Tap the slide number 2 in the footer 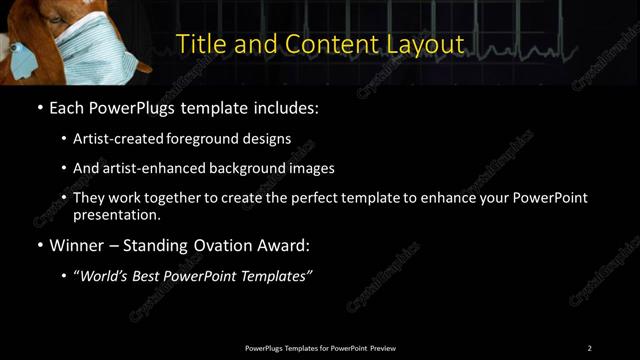click(x=589, y=348)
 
